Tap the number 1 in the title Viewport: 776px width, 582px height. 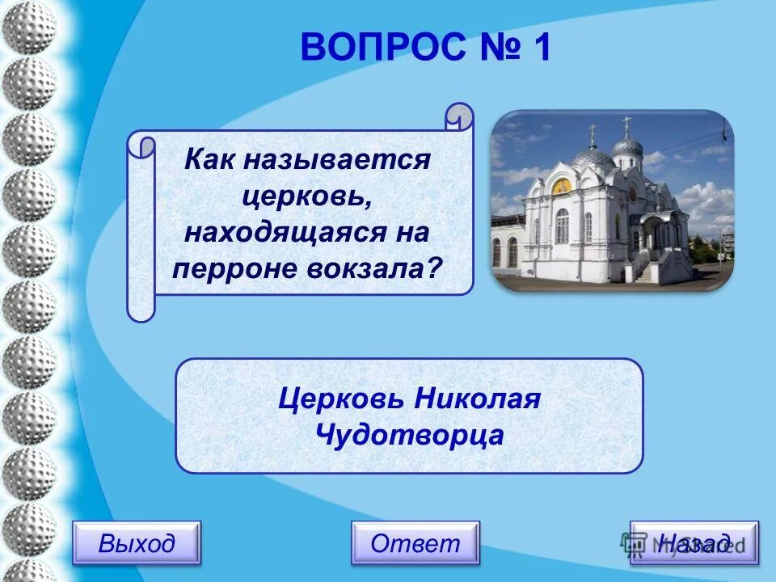[540, 48]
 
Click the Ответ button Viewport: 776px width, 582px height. [415, 543]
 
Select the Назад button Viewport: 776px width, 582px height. [694, 543]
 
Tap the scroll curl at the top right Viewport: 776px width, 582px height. [459, 116]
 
